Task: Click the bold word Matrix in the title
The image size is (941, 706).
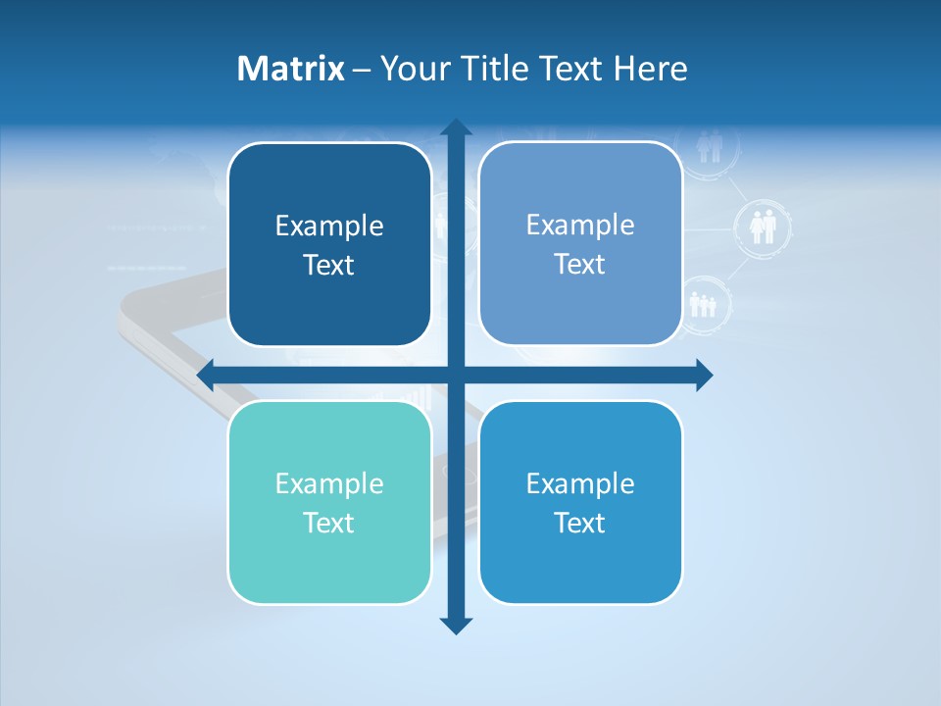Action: click(291, 69)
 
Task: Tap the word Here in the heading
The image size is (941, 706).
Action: click(651, 69)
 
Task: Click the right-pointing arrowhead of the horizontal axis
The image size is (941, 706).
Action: click(704, 375)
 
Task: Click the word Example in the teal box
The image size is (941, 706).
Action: click(329, 483)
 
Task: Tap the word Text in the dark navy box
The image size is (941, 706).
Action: click(329, 265)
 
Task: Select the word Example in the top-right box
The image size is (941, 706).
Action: click(580, 225)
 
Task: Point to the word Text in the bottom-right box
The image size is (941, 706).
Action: click(580, 523)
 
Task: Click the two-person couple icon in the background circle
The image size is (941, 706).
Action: click(763, 227)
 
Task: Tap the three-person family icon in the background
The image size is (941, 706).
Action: click(704, 304)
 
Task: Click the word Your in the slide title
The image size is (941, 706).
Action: click(411, 69)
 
